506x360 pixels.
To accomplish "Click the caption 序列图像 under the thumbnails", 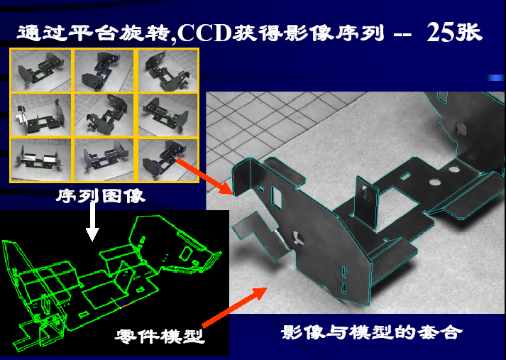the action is (x=101, y=196).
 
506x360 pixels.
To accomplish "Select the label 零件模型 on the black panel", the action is (x=160, y=337).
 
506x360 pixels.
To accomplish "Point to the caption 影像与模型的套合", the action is (x=371, y=332).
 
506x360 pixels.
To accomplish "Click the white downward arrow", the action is (x=92, y=222).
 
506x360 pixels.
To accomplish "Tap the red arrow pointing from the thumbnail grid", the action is (x=204, y=176).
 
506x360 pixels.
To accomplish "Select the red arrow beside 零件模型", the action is (x=235, y=307).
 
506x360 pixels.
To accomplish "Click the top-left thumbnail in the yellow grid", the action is (x=40, y=70).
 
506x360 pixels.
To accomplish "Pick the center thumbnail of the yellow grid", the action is (x=104, y=114).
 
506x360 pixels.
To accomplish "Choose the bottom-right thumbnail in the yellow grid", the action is (x=167, y=160).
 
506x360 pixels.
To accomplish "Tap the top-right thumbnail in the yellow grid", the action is (x=167, y=70).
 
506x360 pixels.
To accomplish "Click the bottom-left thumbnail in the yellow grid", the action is (x=40, y=160).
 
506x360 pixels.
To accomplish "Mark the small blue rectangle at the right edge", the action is (x=495, y=77).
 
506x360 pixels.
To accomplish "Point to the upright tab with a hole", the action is (x=366, y=203).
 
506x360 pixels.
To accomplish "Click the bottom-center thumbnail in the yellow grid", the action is (x=104, y=160).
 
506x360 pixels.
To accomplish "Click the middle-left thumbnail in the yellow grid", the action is (x=40, y=114).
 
